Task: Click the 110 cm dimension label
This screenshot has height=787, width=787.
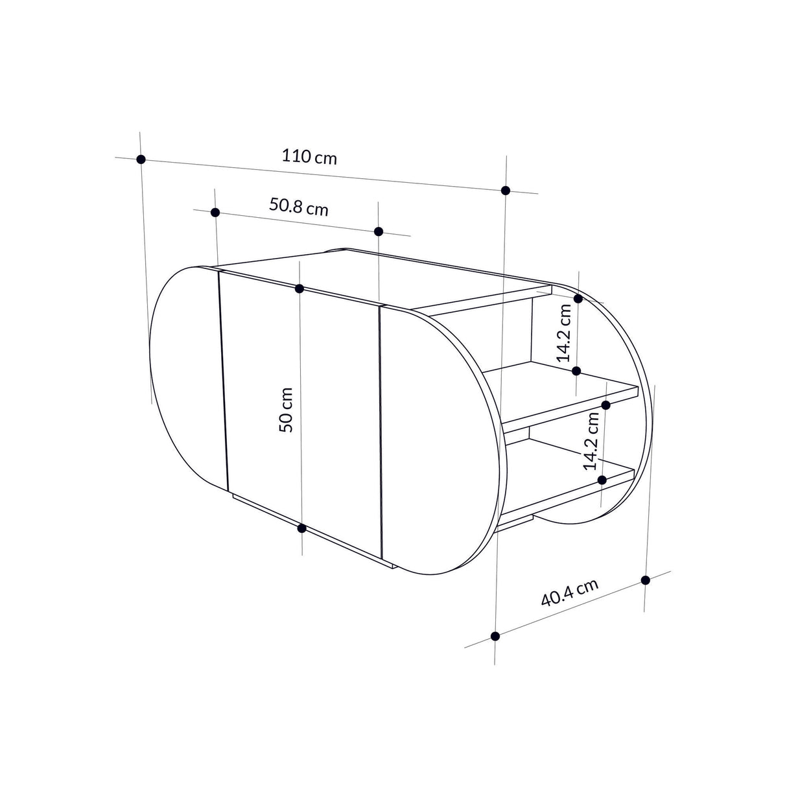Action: coord(309,156)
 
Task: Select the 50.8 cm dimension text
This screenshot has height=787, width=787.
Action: coord(298,207)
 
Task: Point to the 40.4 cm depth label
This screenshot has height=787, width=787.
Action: coord(569,592)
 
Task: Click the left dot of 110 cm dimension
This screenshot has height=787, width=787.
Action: coord(141,159)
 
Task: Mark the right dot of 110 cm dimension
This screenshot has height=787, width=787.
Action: coord(506,190)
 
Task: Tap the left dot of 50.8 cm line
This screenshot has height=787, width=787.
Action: coord(216,212)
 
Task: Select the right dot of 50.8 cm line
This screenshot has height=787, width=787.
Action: coord(379,231)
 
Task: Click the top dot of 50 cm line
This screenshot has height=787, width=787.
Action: coord(300,288)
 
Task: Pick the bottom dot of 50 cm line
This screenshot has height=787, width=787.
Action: coord(301,528)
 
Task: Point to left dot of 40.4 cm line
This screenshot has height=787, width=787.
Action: coord(495,636)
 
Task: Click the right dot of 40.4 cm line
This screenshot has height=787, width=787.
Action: coord(645,580)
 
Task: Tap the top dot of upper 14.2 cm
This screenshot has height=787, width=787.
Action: coord(578,298)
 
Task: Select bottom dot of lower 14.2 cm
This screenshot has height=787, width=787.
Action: coord(602,480)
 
